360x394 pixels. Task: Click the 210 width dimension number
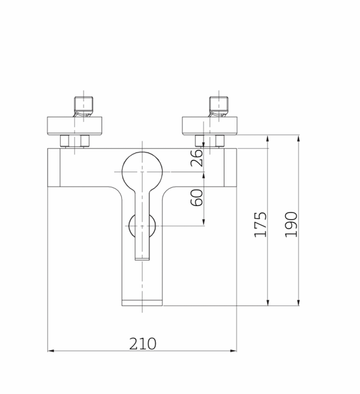point(142,343)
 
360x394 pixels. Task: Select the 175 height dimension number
point(261,224)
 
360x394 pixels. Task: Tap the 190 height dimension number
point(292,224)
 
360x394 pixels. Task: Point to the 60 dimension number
point(197,197)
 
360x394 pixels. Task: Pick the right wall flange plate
point(210,124)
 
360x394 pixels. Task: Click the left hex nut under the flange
point(75,141)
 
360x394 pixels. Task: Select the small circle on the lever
point(142,225)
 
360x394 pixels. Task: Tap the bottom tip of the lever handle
point(142,257)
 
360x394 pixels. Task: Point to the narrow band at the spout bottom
point(142,302)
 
